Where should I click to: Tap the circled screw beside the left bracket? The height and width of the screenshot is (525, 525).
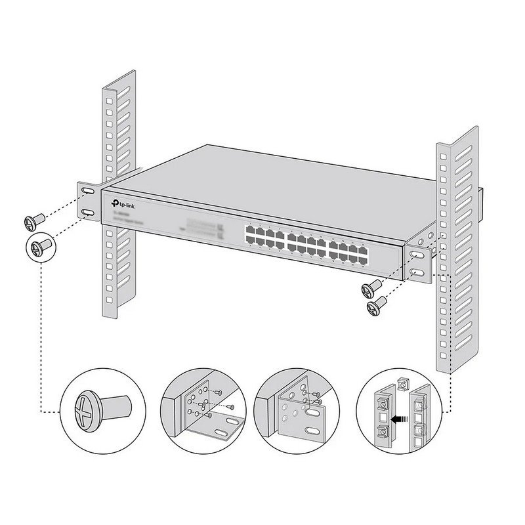click(41, 247)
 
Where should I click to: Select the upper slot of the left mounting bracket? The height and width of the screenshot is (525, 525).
click(88, 190)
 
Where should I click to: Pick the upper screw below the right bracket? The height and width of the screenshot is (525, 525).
click(373, 287)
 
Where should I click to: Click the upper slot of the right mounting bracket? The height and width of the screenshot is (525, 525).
click(416, 253)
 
